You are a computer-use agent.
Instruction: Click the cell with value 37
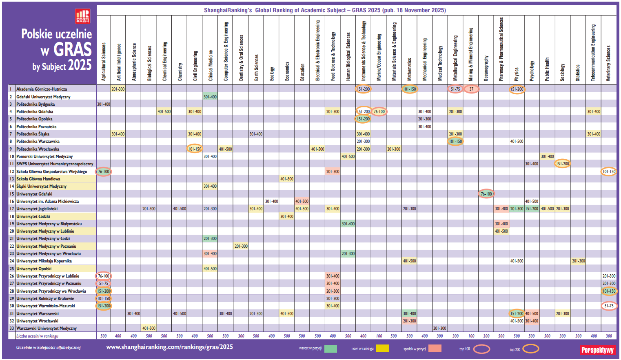(x=471, y=89)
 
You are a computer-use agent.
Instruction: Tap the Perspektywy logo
(x=597, y=350)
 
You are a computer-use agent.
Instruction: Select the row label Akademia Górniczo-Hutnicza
(x=42, y=89)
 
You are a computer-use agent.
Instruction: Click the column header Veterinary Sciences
(x=608, y=63)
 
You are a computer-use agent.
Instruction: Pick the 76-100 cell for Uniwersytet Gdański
(x=486, y=194)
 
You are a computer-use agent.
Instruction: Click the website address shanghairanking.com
(x=169, y=347)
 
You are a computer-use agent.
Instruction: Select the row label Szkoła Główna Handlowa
(x=38, y=179)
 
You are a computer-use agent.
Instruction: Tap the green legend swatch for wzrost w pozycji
(x=330, y=349)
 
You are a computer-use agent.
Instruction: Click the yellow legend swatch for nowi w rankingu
(x=382, y=349)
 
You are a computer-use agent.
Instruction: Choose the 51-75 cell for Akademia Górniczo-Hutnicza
(x=455, y=89)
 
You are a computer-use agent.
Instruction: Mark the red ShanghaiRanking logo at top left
(x=83, y=16)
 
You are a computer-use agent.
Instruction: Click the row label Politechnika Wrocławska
(x=38, y=149)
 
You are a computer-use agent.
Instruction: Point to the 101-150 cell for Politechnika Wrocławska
(x=195, y=149)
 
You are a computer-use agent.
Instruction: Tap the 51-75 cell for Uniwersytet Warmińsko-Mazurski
(x=609, y=306)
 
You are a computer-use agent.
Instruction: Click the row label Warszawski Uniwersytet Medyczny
(x=47, y=328)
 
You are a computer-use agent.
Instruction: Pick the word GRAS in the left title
(x=72, y=50)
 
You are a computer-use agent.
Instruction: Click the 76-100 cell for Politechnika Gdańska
(x=379, y=111)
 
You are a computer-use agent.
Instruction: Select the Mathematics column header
(x=409, y=69)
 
